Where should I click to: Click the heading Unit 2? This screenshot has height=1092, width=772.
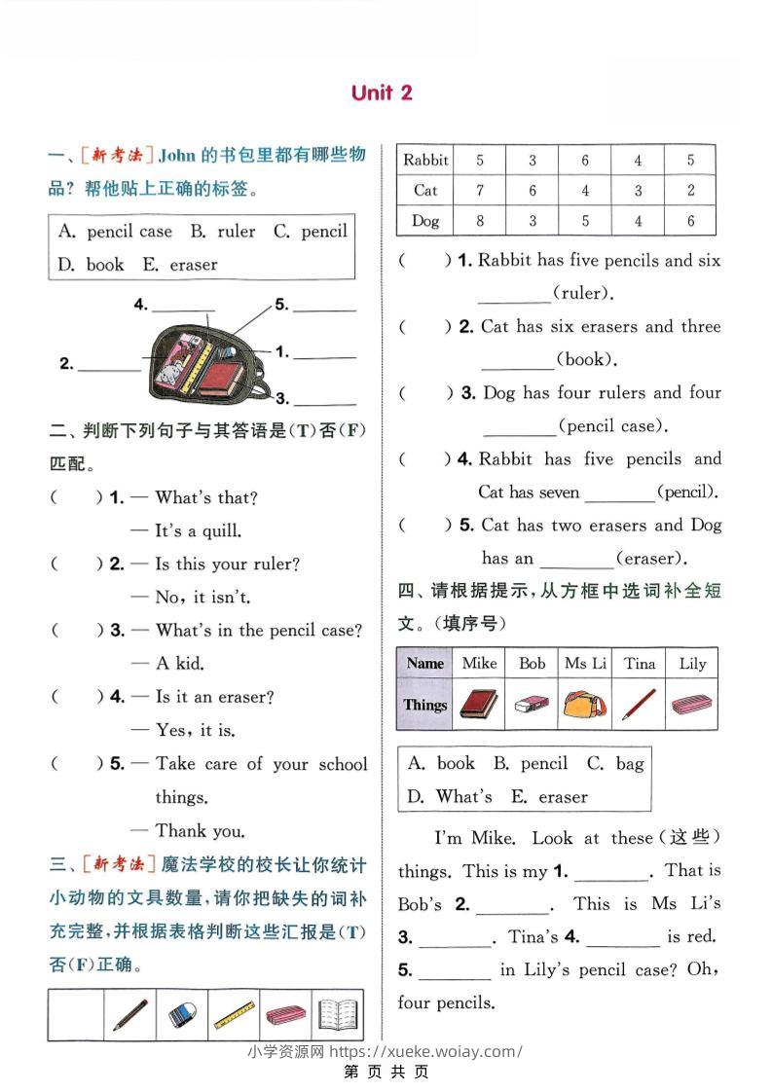pos(382,92)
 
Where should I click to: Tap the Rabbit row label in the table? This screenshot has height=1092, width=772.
pos(425,160)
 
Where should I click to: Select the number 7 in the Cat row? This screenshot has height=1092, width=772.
pos(480,191)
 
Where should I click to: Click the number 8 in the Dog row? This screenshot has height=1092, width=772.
pos(480,221)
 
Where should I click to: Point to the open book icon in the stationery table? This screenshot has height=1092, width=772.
pos(337,1015)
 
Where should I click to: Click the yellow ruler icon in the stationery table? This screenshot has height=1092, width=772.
pos(233,1015)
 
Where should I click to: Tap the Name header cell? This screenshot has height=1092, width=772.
pos(425,663)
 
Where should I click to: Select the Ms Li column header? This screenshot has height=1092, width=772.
pos(585,663)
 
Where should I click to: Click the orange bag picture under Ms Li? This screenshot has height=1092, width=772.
pos(585,705)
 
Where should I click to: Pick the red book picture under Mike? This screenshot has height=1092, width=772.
pos(479,705)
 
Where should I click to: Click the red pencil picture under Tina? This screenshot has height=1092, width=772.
pos(639,705)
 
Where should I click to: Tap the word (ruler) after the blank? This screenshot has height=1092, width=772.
pos(583,293)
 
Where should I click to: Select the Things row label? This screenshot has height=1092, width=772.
pos(425,705)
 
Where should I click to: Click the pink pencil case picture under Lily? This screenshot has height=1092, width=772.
pos(692,705)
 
